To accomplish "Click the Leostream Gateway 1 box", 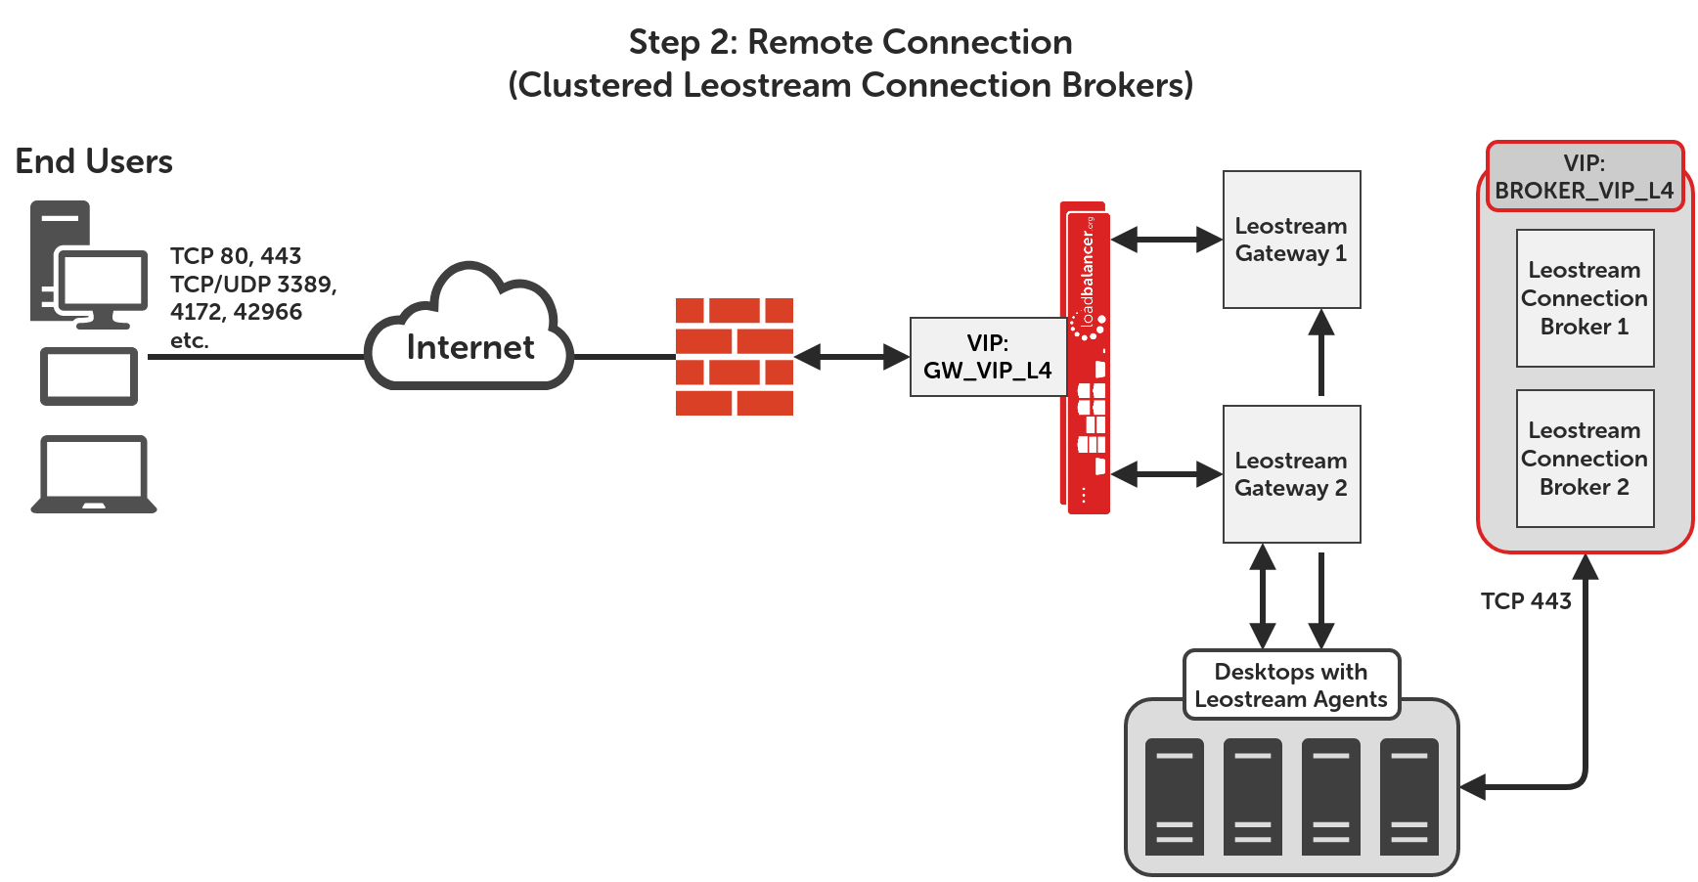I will pos(1291,240).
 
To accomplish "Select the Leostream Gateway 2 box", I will pos(1291,474).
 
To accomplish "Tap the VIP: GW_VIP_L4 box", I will pos(988,357).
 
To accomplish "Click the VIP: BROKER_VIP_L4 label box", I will pos(1585,177).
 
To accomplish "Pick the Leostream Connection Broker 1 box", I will pos(1585,298).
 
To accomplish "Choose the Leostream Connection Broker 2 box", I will pos(1585,459).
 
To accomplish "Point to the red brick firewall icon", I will pos(735,357).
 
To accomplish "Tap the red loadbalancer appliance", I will pos(1086,358).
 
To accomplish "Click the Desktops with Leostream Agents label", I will pos(1291,685).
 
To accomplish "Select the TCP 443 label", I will pos(1526,601).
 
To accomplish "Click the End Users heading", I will pos(94,161).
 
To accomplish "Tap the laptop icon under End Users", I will pos(94,474).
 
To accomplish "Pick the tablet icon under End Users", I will pos(89,376).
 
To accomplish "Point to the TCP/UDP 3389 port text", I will pos(253,285).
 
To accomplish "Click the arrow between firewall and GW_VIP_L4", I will pos(851,357).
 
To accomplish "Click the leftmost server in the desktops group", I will pos(1174,797).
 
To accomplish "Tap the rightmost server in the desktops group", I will pos(1408,797).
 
